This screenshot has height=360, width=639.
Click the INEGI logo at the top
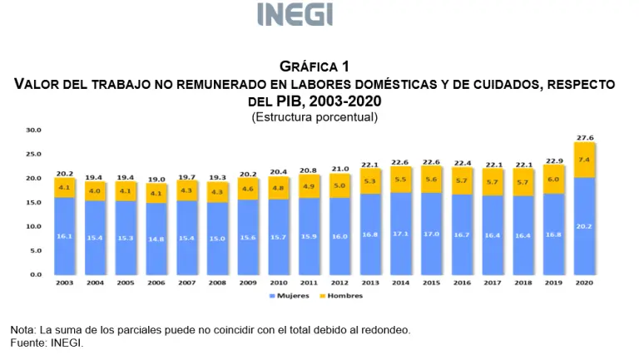295,15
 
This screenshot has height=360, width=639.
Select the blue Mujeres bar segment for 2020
584,226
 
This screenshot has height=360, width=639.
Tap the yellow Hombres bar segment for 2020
584,160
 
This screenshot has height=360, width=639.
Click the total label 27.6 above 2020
584,137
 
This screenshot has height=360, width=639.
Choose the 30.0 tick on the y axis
32,130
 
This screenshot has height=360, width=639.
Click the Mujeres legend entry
289,296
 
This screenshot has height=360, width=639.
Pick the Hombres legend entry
340,296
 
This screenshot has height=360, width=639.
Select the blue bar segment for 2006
156,239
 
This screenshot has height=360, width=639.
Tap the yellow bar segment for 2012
339,185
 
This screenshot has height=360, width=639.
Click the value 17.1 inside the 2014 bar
400,234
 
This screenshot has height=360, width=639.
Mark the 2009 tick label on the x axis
247,284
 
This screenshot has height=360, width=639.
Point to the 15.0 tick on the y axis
32,202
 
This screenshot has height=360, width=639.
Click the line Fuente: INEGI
47,343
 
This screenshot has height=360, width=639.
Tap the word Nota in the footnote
22,330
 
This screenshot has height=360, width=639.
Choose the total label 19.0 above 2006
156,179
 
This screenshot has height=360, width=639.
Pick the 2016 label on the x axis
462,284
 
